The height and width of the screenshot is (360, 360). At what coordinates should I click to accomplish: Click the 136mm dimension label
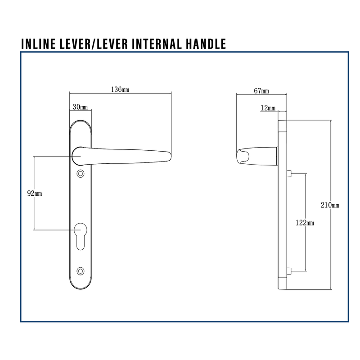pos(120,90)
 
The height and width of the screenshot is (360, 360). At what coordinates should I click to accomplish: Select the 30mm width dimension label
pos(80,107)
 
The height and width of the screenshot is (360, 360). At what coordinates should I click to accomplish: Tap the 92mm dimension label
pos(35,193)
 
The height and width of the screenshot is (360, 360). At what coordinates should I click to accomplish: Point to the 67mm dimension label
pos(261,90)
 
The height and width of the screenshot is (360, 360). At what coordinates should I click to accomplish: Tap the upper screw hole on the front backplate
pos(81,174)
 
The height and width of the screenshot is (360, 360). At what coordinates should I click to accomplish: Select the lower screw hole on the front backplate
pos(81,270)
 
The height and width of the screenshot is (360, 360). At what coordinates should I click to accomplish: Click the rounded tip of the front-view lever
pos(167,156)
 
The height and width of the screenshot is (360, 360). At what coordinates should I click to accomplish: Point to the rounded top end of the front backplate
pos(81,123)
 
